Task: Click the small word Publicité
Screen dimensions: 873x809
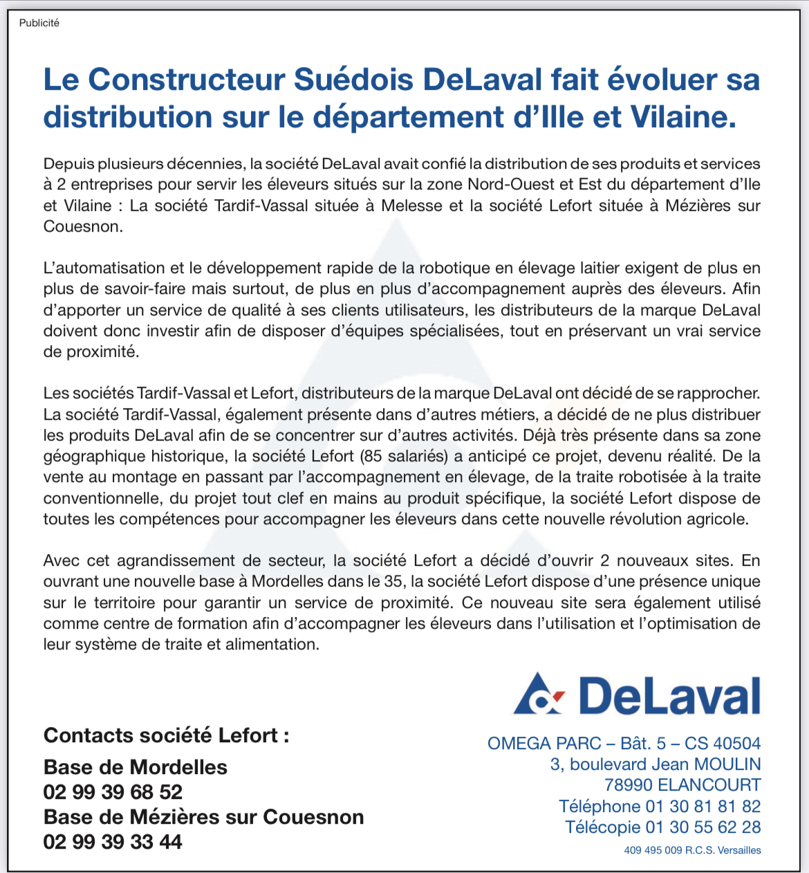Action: (39, 23)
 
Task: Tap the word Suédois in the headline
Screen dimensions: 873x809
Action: (353, 80)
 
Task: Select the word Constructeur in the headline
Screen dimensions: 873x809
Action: (186, 80)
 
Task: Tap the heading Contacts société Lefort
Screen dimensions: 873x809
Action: (166, 735)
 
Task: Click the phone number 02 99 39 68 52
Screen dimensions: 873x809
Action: (113, 792)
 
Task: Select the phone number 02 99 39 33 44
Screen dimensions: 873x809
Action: (113, 842)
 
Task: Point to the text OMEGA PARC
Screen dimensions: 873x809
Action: (544, 744)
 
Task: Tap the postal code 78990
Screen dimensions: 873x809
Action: (628, 785)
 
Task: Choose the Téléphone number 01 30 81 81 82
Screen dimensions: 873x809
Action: (703, 807)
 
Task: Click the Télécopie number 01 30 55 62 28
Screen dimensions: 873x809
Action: (703, 827)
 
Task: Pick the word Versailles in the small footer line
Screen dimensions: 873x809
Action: (739, 850)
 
